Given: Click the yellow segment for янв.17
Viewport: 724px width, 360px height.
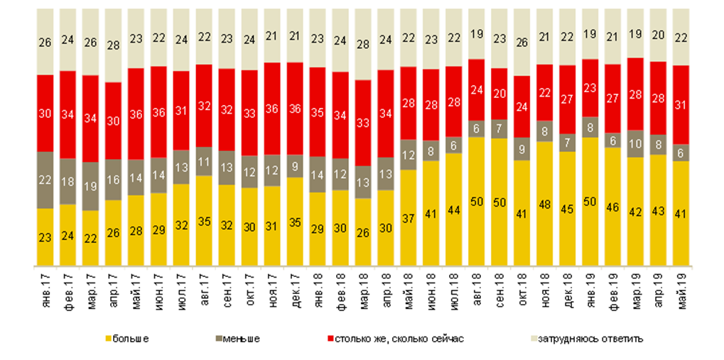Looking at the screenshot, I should click(x=45, y=238).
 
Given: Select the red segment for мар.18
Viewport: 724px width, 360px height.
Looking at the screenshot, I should click(x=363, y=123).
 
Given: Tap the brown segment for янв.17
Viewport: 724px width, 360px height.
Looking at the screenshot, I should click(x=45, y=180).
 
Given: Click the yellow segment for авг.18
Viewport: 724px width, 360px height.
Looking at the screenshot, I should click(x=476, y=202).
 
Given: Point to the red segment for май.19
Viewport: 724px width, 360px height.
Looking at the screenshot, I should click(x=681, y=105).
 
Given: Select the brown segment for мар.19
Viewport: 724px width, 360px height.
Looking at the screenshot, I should click(x=636, y=143).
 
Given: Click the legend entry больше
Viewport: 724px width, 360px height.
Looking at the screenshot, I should click(x=128, y=339).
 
